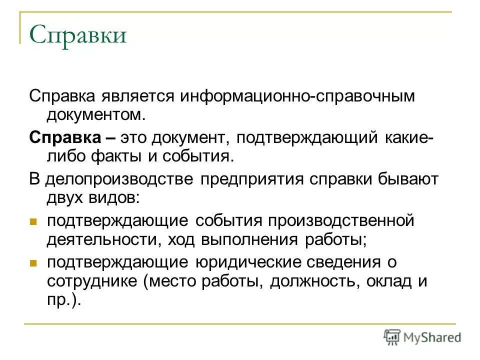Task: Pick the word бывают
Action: (x=402, y=179)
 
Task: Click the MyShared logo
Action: (x=422, y=336)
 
